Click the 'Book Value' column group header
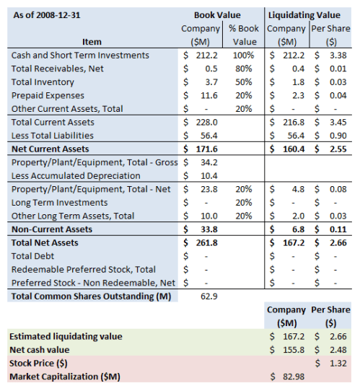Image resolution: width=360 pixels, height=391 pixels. (x=218, y=14)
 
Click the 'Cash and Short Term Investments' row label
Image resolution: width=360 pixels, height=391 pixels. (x=80, y=55)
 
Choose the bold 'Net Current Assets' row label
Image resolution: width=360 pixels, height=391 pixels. (x=50, y=149)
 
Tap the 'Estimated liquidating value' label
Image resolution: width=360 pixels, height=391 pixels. (x=65, y=335)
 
